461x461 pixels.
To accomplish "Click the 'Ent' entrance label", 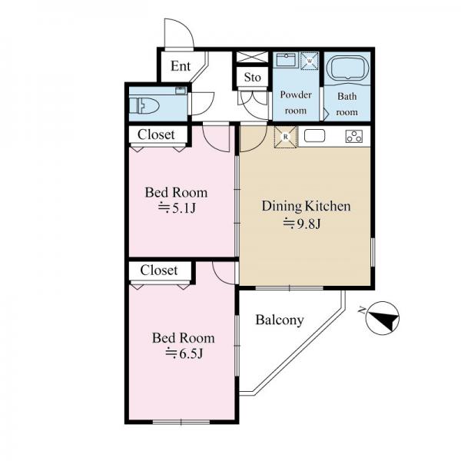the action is (x=181, y=66).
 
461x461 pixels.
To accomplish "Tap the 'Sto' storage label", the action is (x=253, y=78).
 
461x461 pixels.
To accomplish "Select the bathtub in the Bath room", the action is (x=347, y=68).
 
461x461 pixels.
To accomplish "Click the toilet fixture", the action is (x=144, y=106).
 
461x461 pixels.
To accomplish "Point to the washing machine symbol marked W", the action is (x=310, y=61).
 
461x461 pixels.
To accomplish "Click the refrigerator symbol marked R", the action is (x=285, y=137).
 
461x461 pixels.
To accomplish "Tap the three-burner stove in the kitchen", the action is (x=354, y=137).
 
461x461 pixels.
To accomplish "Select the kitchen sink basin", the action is (x=314, y=136).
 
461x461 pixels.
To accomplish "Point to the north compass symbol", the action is (x=382, y=318).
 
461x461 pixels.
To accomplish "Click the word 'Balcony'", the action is (x=280, y=320).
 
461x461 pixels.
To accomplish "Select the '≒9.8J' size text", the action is (x=302, y=224).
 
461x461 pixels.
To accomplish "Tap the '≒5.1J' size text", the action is (x=177, y=208).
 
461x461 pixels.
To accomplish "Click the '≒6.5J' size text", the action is (x=184, y=353).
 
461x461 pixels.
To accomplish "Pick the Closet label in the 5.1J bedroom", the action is (x=156, y=134).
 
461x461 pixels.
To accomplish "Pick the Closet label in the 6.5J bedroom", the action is (x=159, y=270).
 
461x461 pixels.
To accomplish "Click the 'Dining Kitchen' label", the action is (x=306, y=206).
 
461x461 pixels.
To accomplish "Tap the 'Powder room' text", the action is (x=296, y=103).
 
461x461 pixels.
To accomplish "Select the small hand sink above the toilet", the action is (x=181, y=90).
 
